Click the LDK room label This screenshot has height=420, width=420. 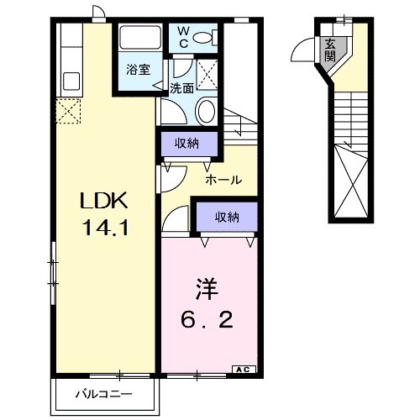tap(102, 202)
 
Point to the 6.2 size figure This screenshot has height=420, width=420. tap(206, 319)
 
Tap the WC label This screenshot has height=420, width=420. tap(183, 37)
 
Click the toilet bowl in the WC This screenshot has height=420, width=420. tap(211, 37)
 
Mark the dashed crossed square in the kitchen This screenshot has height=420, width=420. tap(67, 109)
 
